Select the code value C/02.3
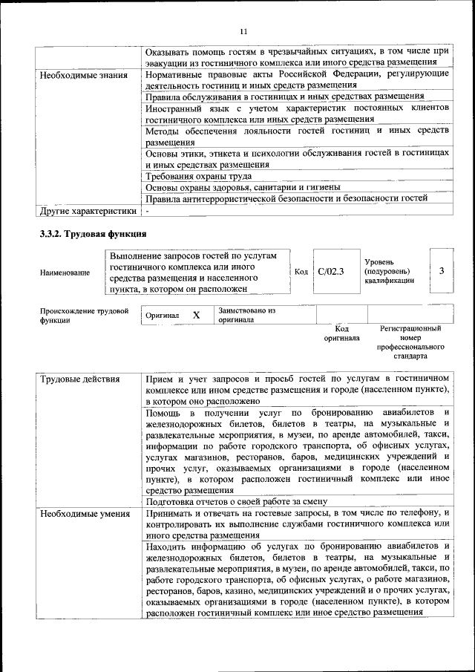click(x=330, y=272)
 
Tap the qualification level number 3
click(x=441, y=270)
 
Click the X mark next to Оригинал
click(x=196, y=315)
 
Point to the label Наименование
click(x=65, y=273)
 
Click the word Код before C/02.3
click(x=301, y=272)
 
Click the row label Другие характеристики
click(x=88, y=210)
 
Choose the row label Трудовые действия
click(x=79, y=379)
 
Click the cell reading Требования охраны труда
click(x=198, y=176)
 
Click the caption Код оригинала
click(x=341, y=333)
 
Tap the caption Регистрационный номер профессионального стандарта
click(x=410, y=342)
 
